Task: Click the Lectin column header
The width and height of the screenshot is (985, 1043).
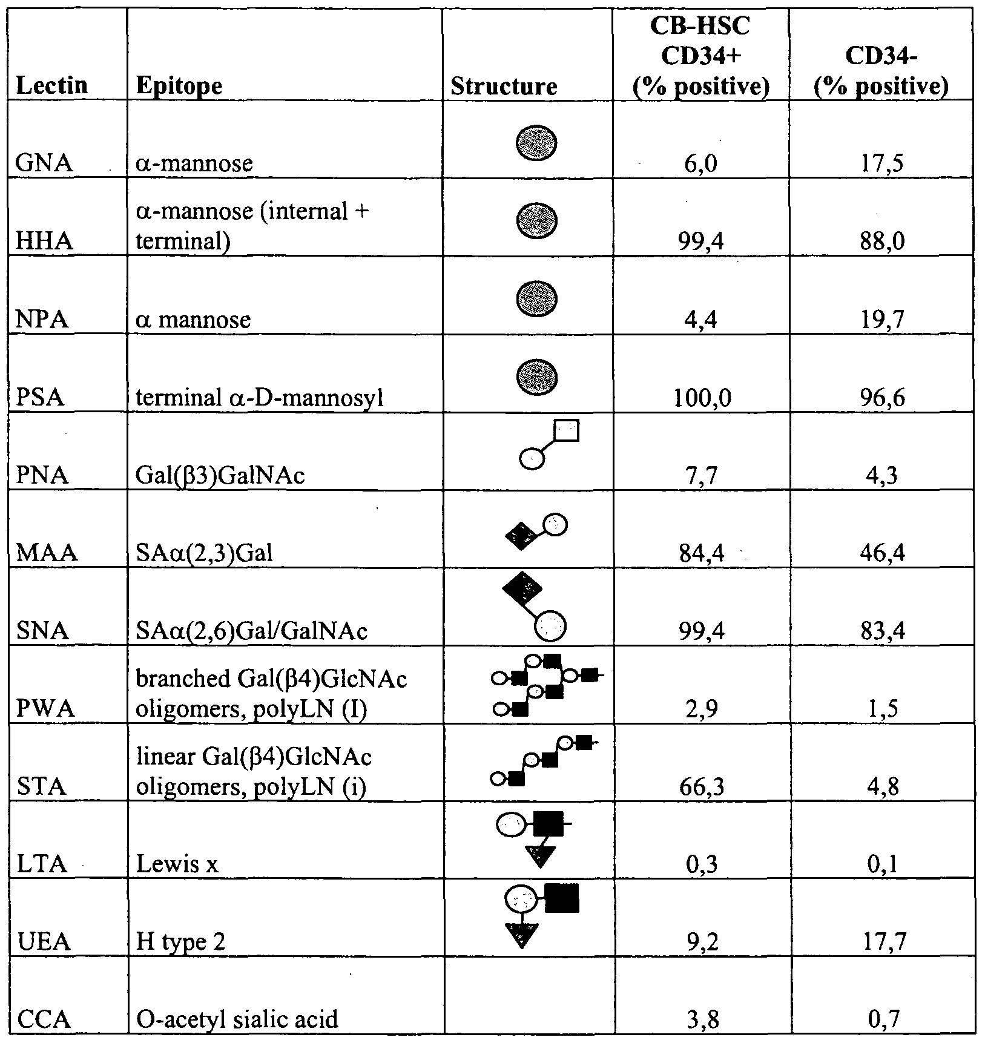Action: [x=52, y=85]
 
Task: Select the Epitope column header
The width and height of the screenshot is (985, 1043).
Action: [x=179, y=85]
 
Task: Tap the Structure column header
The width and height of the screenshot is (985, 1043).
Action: [x=504, y=87]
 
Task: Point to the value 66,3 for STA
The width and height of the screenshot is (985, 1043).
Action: [x=700, y=787]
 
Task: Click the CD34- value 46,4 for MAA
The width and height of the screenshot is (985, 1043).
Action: [x=881, y=553]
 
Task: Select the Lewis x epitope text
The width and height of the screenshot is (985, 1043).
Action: [x=177, y=864]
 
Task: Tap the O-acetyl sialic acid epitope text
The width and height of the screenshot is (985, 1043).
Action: [x=237, y=1019]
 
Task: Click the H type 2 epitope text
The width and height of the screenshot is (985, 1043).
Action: [x=181, y=942]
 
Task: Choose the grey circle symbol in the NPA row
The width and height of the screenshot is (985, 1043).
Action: [x=536, y=299]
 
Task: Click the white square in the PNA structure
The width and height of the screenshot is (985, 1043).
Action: [x=567, y=430]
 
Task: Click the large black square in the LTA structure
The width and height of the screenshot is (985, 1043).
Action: [x=549, y=823]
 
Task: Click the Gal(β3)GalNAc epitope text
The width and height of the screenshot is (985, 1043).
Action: [x=220, y=476]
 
